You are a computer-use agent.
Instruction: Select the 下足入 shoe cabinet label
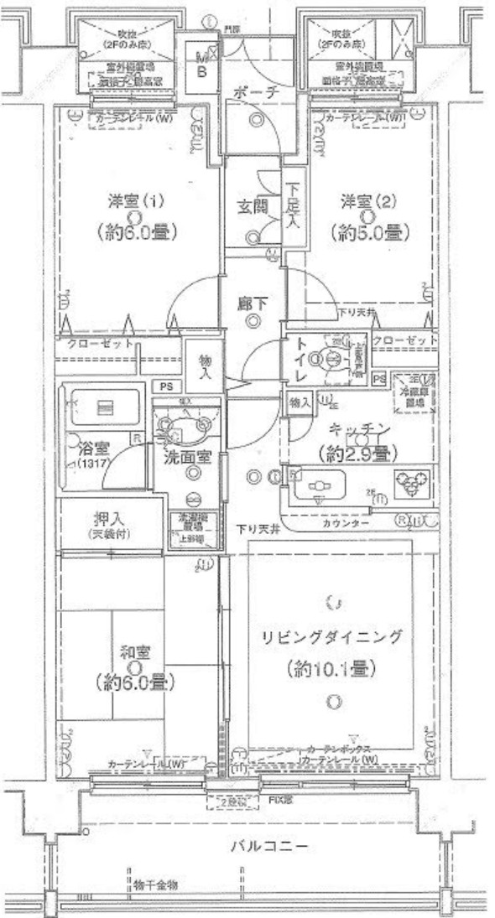coord(293,210)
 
